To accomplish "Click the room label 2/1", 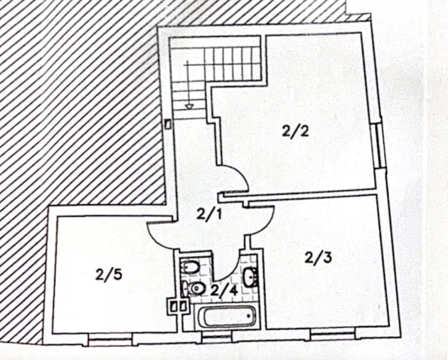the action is [209, 214].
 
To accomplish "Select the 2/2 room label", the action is [295, 132].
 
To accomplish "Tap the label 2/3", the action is [318, 258].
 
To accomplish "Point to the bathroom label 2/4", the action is [224, 291].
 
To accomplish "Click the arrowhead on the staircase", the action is [189, 107].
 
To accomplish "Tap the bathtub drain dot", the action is [250, 316].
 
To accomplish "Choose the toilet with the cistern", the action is [193, 289].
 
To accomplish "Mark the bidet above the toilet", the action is [188, 268].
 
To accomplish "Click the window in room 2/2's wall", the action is [379, 146].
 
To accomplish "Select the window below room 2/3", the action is [332, 334].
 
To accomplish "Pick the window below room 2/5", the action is [110, 339].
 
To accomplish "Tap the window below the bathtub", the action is [217, 337].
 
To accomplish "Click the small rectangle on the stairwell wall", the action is [169, 125].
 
